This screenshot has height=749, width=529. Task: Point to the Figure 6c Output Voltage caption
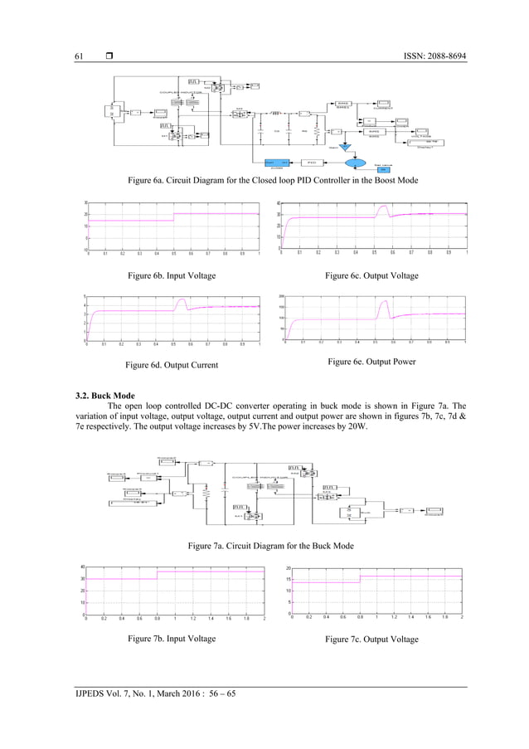pyautogui.click(x=371, y=275)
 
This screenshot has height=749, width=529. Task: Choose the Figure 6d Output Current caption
pyautogui.click(x=171, y=364)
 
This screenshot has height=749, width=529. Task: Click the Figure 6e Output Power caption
pyautogui.click(x=371, y=362)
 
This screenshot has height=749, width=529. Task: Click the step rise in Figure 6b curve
pyautogui.click(x=173, y=217)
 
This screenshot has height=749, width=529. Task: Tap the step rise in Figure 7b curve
pyautogui.click(x=157, y=575)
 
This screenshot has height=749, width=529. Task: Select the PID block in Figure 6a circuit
pyautogui.click(x=311, y=163)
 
